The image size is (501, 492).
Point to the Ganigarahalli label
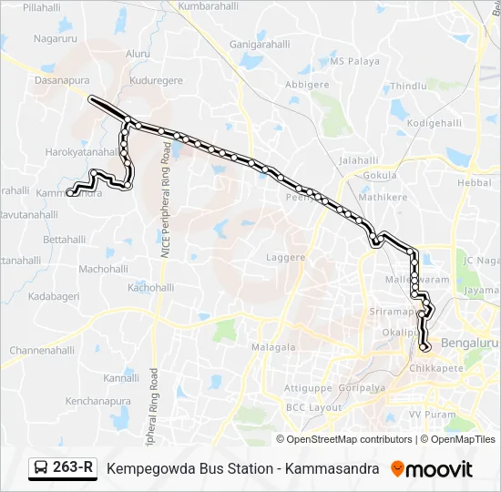260,44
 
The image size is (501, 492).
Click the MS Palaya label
354,62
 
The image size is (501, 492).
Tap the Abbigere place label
307,84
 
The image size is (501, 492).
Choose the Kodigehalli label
435,122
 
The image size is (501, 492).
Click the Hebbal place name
474,183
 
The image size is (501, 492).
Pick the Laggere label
285,258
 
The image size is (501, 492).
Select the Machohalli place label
103,269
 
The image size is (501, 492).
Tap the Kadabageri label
54,297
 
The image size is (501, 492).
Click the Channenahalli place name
42,350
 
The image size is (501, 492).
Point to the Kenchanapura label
98,400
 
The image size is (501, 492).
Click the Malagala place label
273,347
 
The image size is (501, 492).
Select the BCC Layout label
312,407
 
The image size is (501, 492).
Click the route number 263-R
73,468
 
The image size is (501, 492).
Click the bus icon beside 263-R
41,469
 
